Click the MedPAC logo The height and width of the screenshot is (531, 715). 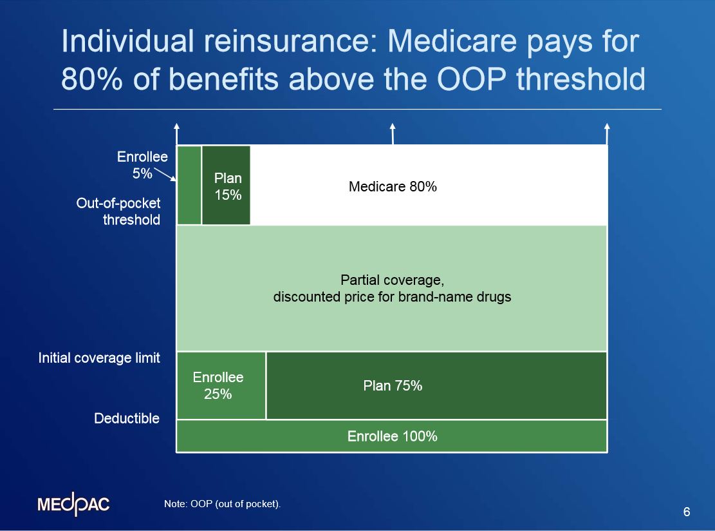[73, 505]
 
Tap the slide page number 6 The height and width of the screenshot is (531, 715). [687, 512]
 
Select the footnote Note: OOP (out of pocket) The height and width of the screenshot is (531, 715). [223, 504]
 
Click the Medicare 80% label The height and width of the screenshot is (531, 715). [393, 187]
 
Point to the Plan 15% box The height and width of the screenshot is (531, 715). [227, 186]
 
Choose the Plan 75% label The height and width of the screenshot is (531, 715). [393, 385]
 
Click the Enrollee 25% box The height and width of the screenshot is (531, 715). [219, 385]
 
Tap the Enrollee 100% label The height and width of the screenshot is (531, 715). [393, 436]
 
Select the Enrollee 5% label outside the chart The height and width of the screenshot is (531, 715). [142, 165]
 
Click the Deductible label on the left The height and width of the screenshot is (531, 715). [127, 419]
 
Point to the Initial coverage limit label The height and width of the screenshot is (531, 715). [99, 358]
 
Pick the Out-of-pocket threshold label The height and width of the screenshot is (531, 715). [118, 211]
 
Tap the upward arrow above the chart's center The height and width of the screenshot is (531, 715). [393, 134]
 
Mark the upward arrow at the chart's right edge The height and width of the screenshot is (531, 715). [607, 134]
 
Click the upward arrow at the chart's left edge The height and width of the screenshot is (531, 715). [177, 134]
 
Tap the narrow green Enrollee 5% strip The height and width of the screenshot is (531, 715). [189, 186]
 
